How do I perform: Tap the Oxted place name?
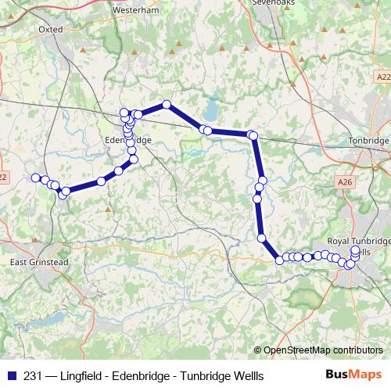pyautogui.click(x=49, y=29)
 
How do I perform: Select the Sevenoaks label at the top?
pyautogui.click(x=271, y=3)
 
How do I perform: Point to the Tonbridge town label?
pyautogui.click(x=367, y=141)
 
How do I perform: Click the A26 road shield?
pyautogui.click(x=346, y=181)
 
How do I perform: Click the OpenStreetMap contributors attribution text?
pyautogui.click(x=323, y=350)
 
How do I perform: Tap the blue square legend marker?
pyautogui.click(x=11, y=375)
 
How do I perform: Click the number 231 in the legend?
pyautogui.click(x=33, y=375)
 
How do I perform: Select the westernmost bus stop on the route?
pyautogui.click(x=35, y=178)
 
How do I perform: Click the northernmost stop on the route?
pyautogui.click(x=167, y=105)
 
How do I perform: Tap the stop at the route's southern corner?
pyautogui.click(x=279, y=260)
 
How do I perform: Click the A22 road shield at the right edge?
pyautogui.click(x=382, y=77)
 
